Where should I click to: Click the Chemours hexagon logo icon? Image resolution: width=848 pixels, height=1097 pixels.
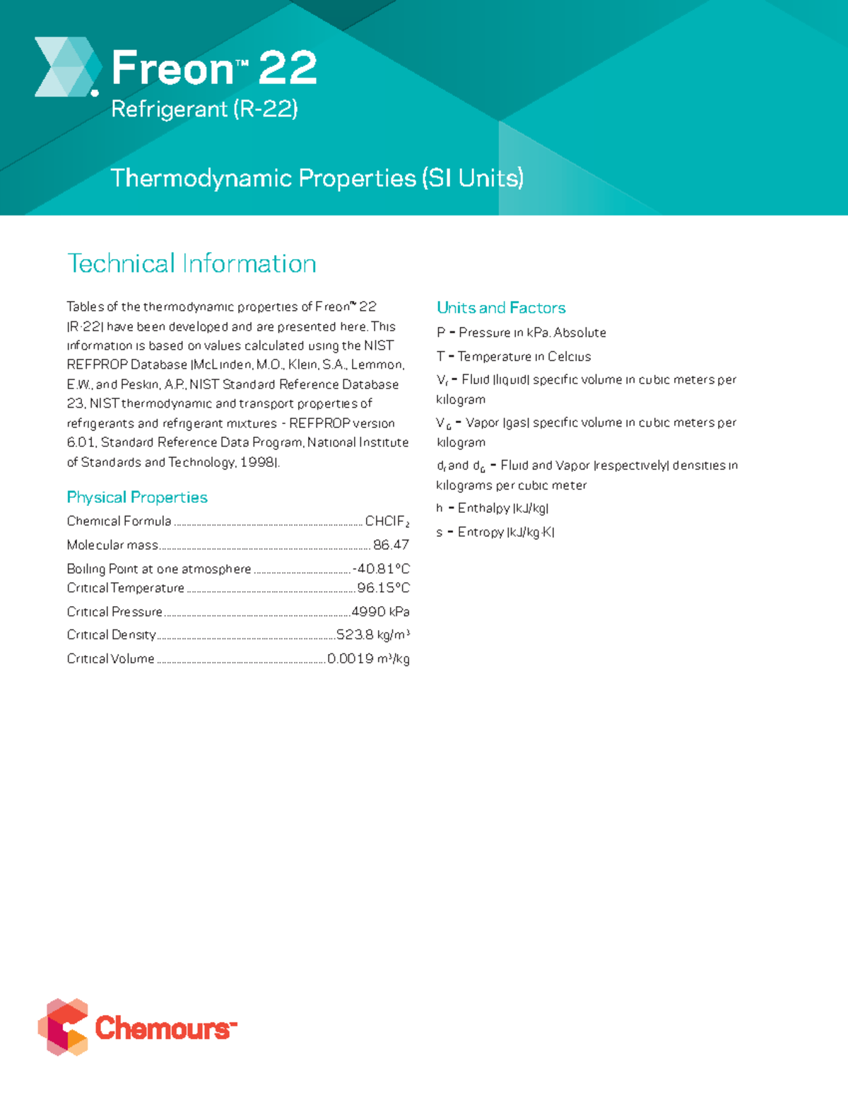coord(63,1026)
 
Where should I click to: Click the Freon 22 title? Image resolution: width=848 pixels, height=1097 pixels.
coord(213,68)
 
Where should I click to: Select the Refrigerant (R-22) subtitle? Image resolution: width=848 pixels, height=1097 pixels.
coord(204,109)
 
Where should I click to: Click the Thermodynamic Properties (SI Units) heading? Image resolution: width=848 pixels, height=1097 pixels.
coord(317,178)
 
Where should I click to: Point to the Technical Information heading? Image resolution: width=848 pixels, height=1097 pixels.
coord(192,263)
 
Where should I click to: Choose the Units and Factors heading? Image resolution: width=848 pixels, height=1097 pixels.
coord(501,308)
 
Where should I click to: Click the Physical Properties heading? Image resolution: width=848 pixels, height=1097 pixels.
coord(137,497)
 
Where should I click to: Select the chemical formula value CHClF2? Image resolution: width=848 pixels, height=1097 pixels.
coord(387,521)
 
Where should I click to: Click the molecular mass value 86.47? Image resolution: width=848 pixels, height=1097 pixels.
coord(391,545)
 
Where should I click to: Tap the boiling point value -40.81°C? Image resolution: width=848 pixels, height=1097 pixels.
coord(381,569)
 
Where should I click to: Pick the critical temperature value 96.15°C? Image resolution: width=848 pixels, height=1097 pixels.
coord(383,588)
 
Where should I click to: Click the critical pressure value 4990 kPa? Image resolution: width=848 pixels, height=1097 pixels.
coord(380,612)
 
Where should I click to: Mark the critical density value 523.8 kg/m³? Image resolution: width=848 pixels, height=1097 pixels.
coord(372,635)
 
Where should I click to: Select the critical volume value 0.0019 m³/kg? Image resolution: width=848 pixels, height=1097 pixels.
coord(368,659)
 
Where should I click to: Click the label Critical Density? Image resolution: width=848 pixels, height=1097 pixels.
coord(111,635)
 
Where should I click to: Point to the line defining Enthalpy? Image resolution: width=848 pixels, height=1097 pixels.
coord(493,509)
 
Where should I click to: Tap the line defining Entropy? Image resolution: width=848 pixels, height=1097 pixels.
coord(495,532)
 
